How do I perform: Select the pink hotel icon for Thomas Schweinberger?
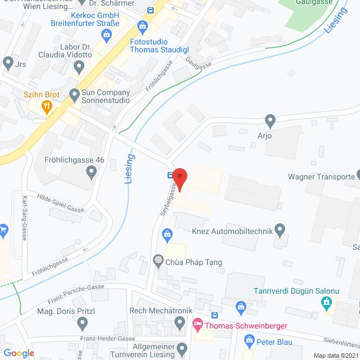[x=197, y=323]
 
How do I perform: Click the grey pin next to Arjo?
[x=270, y=120]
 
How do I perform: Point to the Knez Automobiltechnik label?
[x=238, y=230]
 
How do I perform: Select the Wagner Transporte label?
[x=320, y=176]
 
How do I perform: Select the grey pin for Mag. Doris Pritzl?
[x=83, y=323]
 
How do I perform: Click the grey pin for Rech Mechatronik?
[x=180, y=323]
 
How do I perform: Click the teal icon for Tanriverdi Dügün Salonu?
[x=326, y=304]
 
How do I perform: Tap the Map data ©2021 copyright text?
[x=335, y=355]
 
